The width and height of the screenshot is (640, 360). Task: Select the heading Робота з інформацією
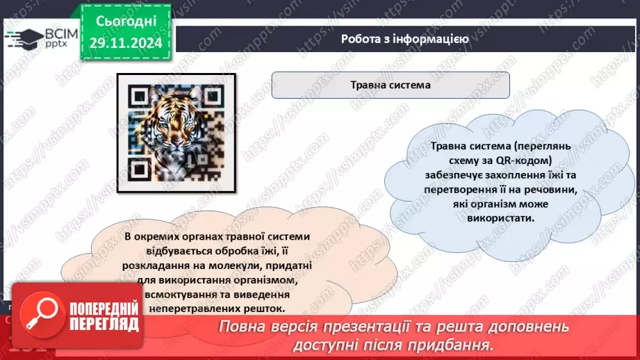(404, 39)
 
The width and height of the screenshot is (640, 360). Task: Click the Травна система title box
(390, 86)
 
